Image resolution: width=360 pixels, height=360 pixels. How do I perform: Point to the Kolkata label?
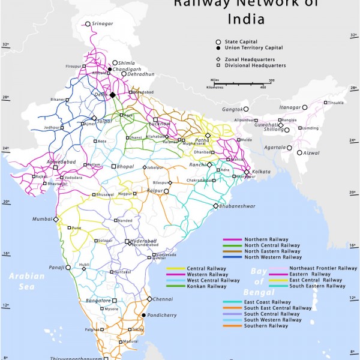pyautogui.click(x=260, y=172)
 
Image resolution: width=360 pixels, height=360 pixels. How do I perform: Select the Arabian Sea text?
pyautogui.click(x=26, y=280)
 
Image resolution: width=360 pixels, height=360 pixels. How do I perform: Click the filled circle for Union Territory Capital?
pyautogui.click(x=218, y=47)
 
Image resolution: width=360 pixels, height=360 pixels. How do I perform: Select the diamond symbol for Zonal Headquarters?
pyautogui.click(x=218, y=59)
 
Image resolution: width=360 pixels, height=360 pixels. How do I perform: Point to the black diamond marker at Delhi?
pyautogui.click(x=112, y=95)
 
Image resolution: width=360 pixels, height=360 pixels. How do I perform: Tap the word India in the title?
pyautogui.click(x=245, y=19)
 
